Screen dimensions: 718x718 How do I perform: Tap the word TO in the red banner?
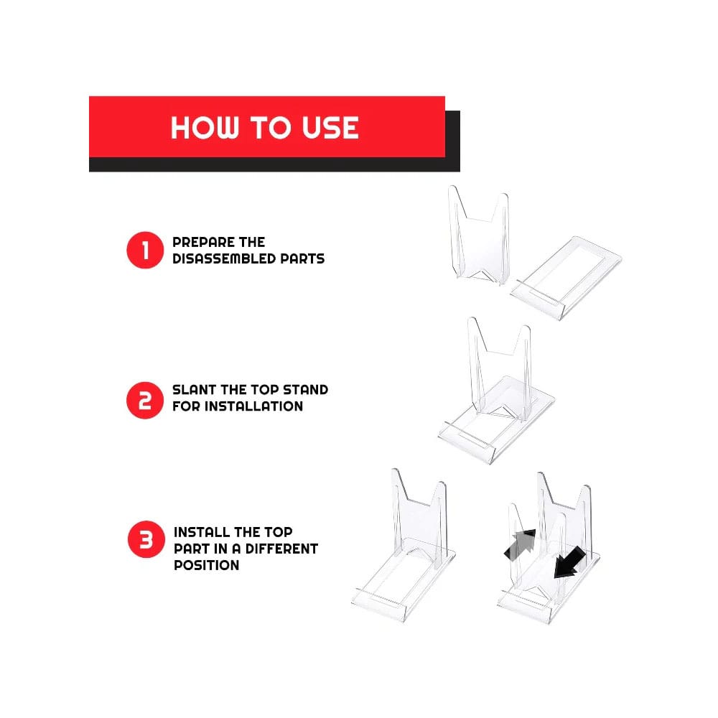(x=269, y=128)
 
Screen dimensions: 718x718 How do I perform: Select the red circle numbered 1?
(x=145, y=251)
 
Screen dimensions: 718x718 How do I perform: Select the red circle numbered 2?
(x=145, y=398)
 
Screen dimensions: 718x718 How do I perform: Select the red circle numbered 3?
(x=146, y=541)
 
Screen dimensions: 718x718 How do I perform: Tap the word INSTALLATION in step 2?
(x=253, y=406)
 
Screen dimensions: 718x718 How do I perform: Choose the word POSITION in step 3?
(x=206, y=565)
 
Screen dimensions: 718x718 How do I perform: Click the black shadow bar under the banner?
(x=273, y=164)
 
